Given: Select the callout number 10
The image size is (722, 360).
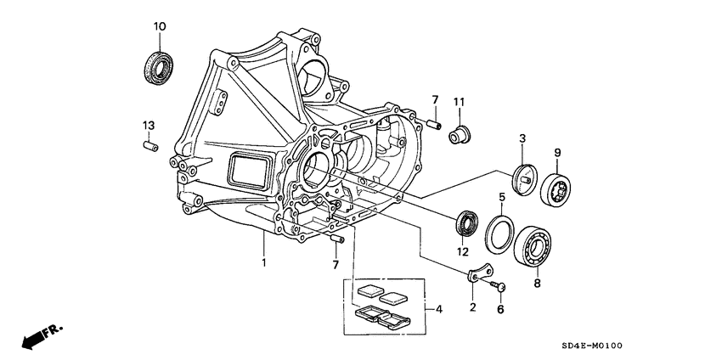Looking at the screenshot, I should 158,27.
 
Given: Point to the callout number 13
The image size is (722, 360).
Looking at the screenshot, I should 149,126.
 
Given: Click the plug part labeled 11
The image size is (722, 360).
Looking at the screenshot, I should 460,132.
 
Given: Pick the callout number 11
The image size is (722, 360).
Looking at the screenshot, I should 460,103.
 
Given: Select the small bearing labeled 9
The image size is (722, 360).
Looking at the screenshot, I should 557,187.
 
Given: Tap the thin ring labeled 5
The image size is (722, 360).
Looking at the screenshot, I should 498,233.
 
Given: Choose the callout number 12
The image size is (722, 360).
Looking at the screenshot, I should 462,251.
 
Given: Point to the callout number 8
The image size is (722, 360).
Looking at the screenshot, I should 536,286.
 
